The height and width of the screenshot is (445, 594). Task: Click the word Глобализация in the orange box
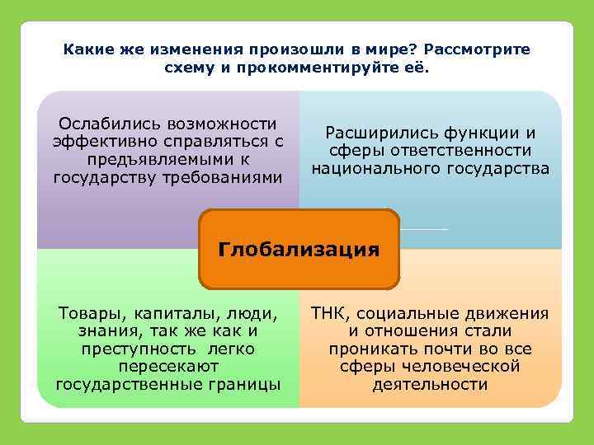pyautogui.click(x=299, y=249)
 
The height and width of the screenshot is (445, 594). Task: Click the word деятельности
pyautogui.click(x=429, y=384)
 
